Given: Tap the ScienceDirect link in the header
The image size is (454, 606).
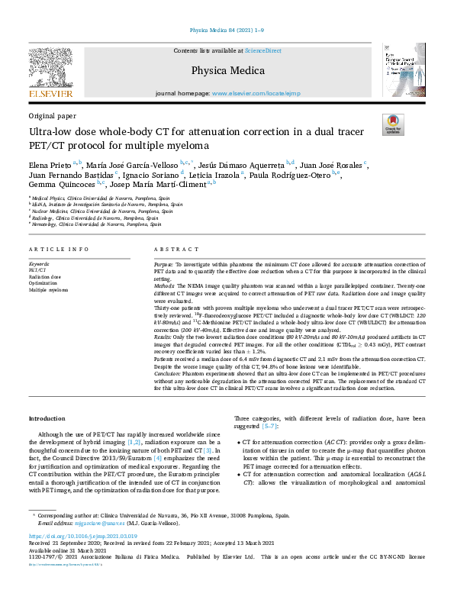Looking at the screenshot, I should click(x=264, y=51).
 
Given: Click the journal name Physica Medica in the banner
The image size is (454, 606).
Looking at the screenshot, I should click(x=227, y=71).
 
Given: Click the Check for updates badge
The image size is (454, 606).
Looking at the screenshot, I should click(x=391, y=124).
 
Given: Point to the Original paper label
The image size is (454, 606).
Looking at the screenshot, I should click(x=51, y=115).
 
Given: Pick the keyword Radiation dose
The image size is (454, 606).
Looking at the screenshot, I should click(x=43, y=276).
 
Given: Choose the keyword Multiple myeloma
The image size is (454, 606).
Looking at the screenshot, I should click(x=47, y=290).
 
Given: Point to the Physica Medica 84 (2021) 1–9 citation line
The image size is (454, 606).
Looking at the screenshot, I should click(x=227, y=31).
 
